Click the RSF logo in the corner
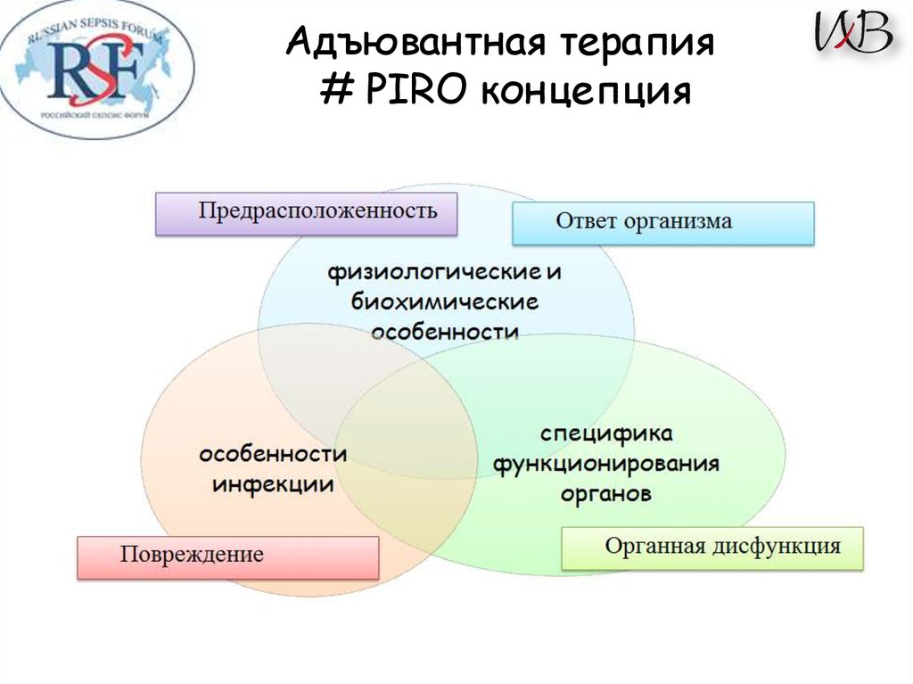96,69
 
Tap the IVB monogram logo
852,33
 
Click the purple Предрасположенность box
306,213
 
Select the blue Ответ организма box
662,222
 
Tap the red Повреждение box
227,556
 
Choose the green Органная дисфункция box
712,548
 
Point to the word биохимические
444,301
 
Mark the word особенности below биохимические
444,332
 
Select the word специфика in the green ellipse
605,434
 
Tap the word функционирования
606,464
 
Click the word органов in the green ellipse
605,493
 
